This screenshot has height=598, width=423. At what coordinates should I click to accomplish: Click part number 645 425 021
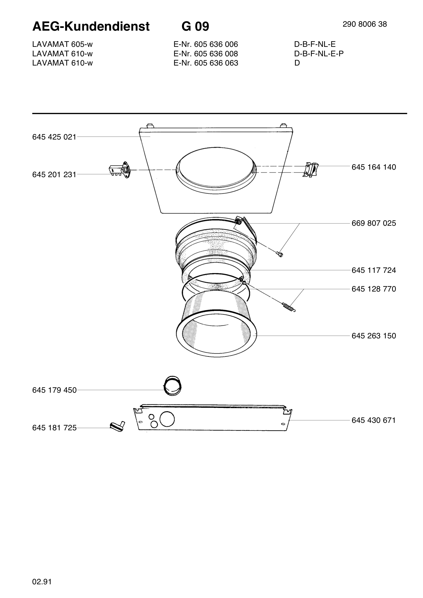[54, 137]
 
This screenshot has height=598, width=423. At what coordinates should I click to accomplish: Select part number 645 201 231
[54, 174]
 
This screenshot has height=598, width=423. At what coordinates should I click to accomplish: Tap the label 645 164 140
[374, 167]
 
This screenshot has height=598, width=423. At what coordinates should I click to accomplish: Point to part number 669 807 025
[374, 223]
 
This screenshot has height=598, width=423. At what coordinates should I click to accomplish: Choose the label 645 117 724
[374, 270]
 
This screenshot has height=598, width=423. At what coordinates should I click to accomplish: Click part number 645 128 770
[374, 289]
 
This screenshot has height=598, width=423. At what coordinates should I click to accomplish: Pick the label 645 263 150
[374, 336]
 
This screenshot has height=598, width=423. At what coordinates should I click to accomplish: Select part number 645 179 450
[54, 390]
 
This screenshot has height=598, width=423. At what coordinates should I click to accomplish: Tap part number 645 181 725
[54, 428]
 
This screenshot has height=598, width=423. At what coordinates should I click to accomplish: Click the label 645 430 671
[374, 420]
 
